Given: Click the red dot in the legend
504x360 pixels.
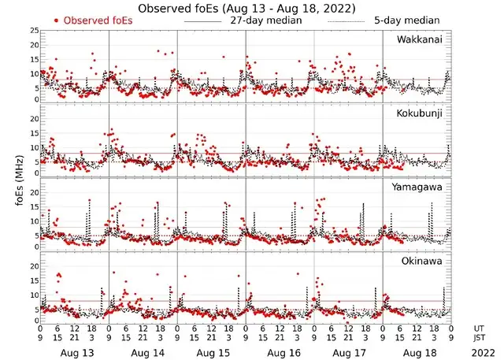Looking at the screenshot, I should click(x=57, y=20).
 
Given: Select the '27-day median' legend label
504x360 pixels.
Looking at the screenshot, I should click(x=265, y=20).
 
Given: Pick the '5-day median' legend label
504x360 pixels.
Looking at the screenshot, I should click(x=406, y=20).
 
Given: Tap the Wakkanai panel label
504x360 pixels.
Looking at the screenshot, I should click(x=419, y=39).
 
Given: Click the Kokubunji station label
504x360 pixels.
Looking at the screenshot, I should click(x=419, y=113).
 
